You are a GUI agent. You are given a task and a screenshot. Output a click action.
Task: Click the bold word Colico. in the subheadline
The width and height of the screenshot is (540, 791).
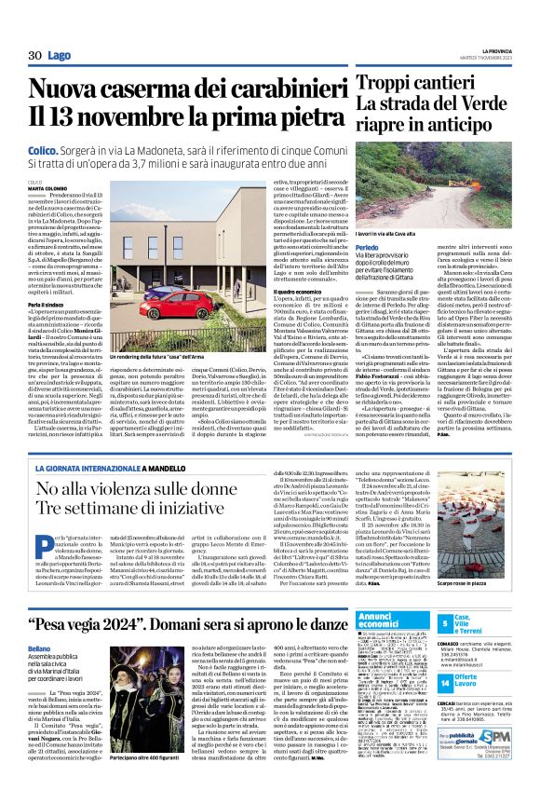45,148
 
